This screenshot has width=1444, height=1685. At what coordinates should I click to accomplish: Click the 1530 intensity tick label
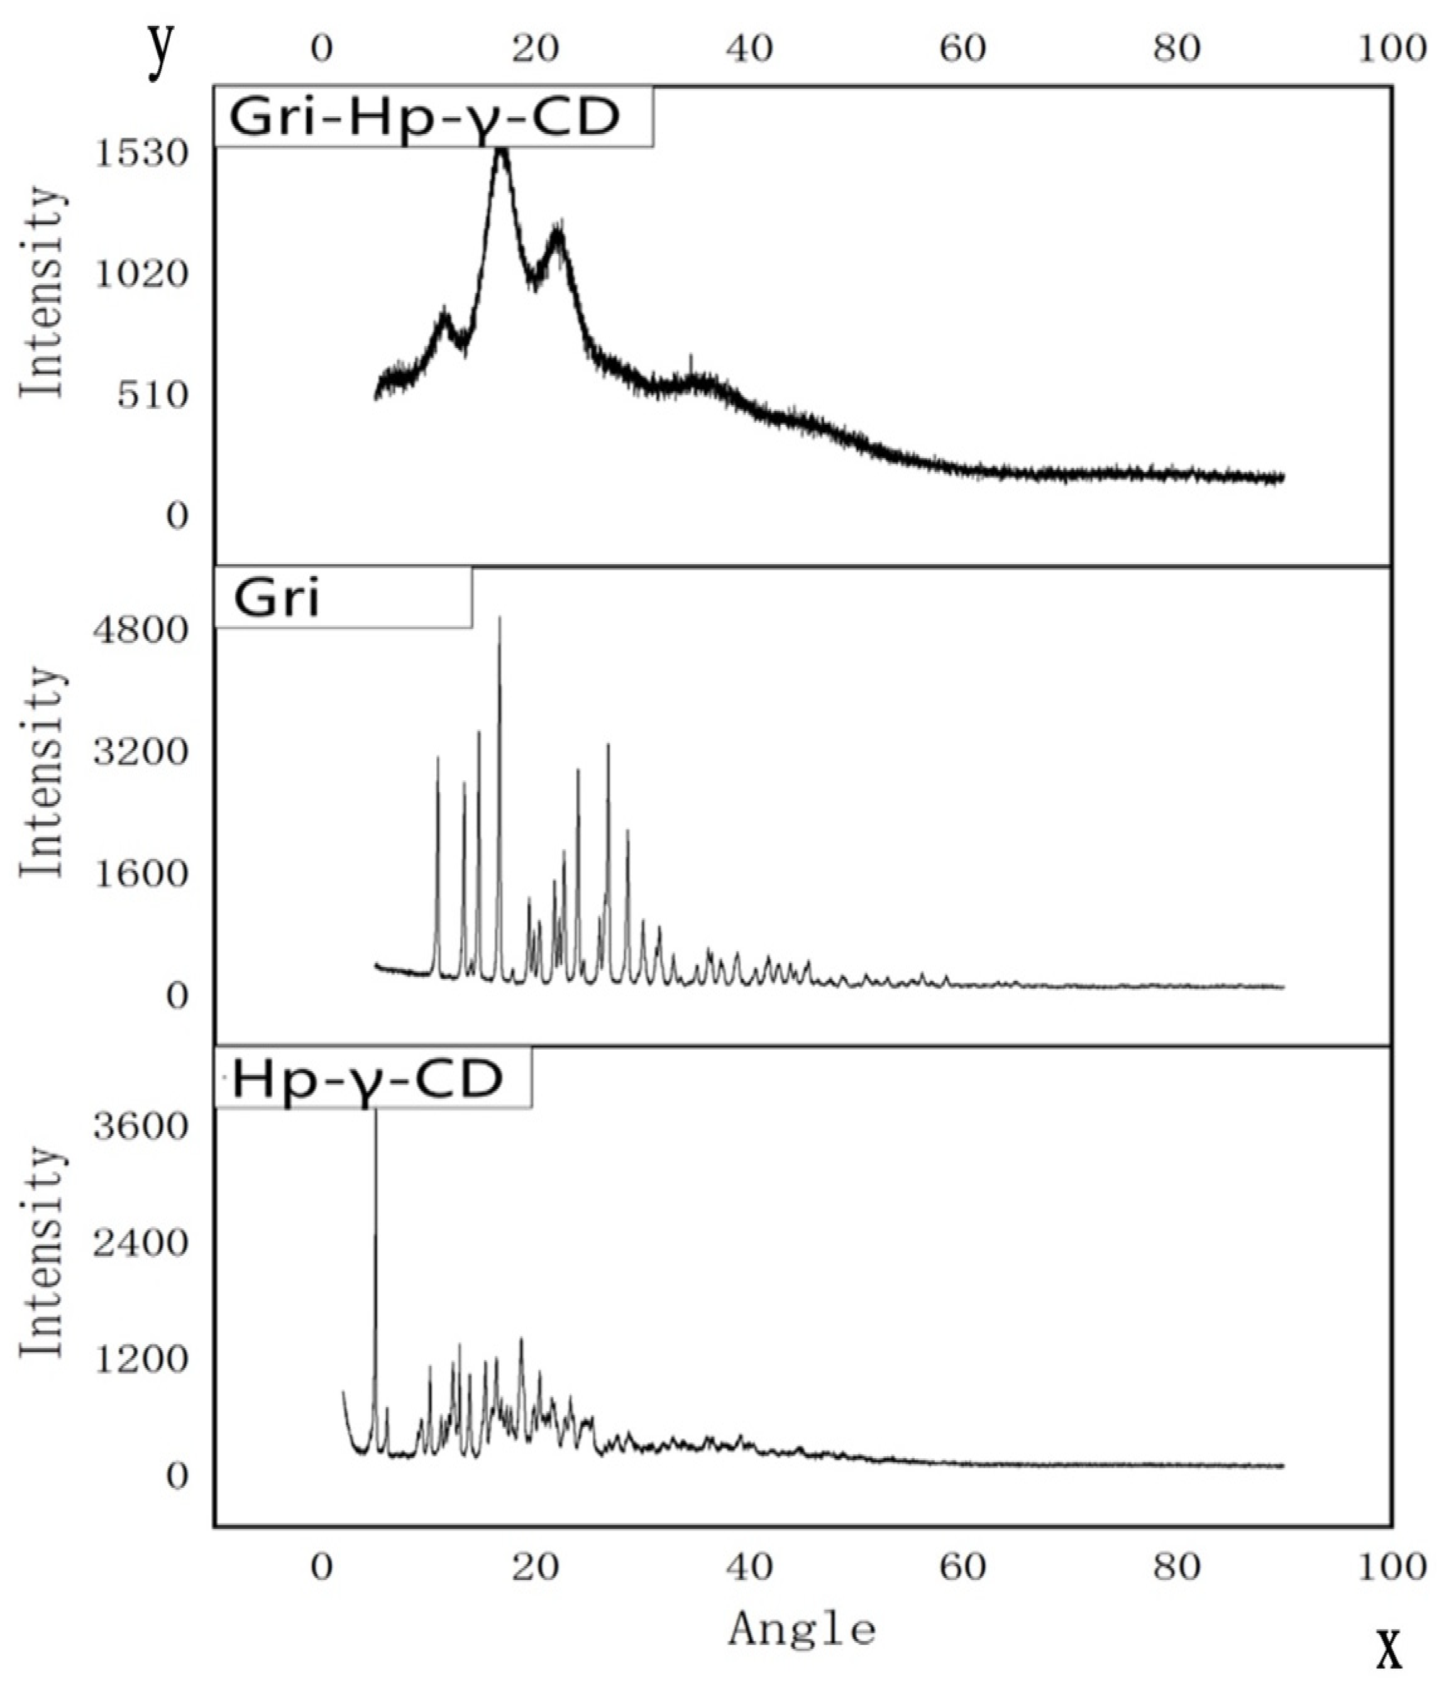pyautogui.click(x=141, y=153)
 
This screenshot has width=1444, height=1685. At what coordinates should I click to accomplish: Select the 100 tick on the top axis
pyautogui.click(x=1392, y=50)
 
